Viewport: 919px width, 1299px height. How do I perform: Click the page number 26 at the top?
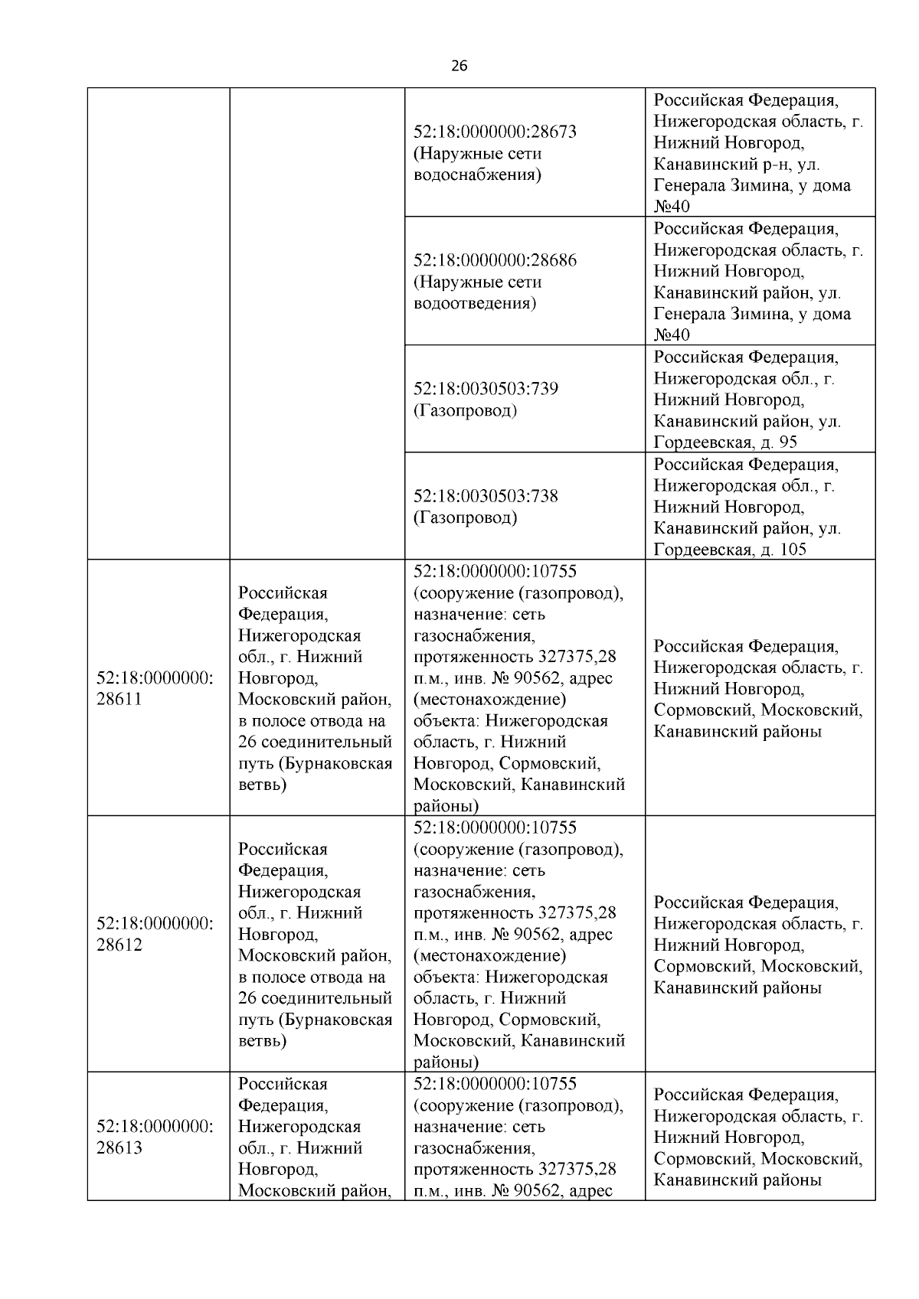[x=459, y=66]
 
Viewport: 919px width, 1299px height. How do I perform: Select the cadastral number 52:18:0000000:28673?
[x=495, y=132]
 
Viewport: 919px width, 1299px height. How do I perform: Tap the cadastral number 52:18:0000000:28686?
[x=495, y=260]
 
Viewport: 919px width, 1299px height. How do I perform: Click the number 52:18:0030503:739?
[x=486, y=389]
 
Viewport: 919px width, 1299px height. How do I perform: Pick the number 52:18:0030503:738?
[x=486, y=496]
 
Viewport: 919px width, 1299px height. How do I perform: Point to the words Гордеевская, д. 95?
[x=725, y=442]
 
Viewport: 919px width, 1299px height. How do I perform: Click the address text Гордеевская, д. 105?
[x=730, y=550]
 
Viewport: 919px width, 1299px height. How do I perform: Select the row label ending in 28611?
[x=154, y=688]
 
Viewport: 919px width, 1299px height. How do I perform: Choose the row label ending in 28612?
[x=154, y=934]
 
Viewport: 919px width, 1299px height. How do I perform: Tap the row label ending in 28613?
[x=154, y=1137]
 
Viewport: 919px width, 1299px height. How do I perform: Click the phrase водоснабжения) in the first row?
[x=477, y=175]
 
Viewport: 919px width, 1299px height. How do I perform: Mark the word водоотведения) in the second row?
[x=475, y=303]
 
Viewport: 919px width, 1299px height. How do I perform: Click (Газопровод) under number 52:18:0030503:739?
[x=465, y=410]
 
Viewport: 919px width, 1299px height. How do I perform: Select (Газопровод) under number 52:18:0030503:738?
[x=465, y=517]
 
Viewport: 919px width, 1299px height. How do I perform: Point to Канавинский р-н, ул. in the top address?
[x=737, y=164]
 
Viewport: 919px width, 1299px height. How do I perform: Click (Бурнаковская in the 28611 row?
[x=335, y=763]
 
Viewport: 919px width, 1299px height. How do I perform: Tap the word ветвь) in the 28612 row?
[x=262, y=1041]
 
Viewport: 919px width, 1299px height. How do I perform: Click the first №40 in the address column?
[x=672, y=207]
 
